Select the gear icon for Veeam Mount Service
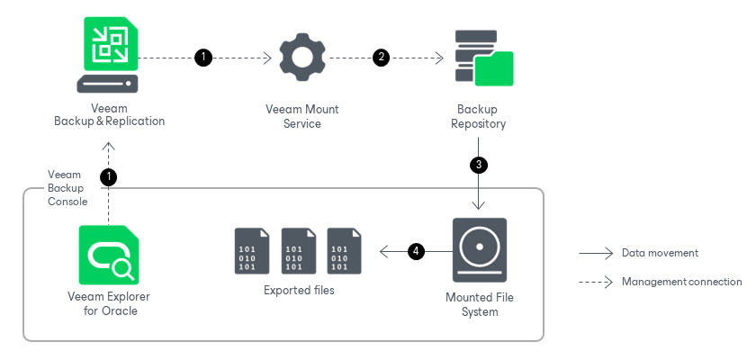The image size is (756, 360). [301, 58]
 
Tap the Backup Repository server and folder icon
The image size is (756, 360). [483, 58]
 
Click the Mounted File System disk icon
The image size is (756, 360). [479, 250]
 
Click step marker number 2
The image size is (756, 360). [382, 58]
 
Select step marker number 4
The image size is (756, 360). [416, 251]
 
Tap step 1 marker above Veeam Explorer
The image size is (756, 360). [108, 176]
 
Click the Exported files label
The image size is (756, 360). [299, 291]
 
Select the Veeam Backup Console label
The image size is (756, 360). [67, 188]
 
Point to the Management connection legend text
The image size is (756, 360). [681, 282]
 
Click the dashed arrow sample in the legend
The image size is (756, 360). [596, 282]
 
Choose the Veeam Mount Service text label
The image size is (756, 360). [301, 116]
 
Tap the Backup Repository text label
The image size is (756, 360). [478, 116]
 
